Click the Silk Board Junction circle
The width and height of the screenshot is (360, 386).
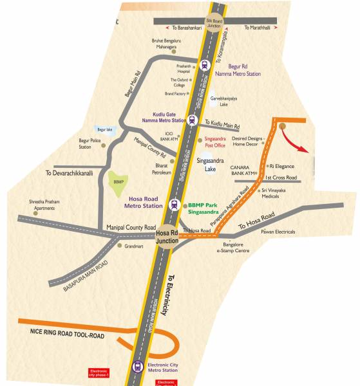(x=213, y=22)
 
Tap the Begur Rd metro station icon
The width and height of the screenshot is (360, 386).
(x=204, y=65)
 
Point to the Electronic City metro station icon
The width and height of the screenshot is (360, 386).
(x=137, y=367)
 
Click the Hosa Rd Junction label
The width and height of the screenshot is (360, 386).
(x=167, y=236)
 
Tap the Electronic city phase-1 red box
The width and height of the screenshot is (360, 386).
(x=99, y=374)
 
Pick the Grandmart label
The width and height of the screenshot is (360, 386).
(x=135, y=246)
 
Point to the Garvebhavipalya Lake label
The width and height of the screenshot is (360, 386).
(x=223, y=100)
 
